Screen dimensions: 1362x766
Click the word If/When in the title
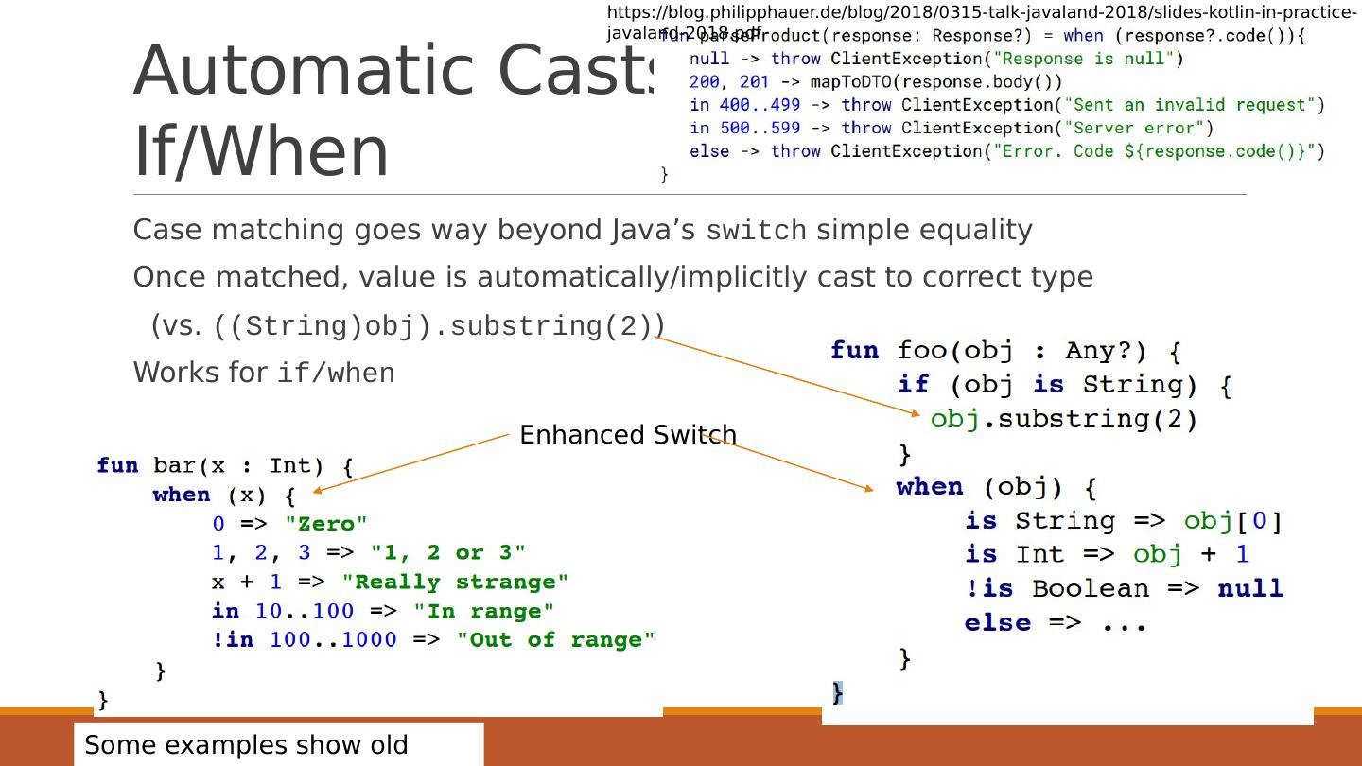point(261,152)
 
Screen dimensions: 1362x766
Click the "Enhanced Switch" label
point(627,435)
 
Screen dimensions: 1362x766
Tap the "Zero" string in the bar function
point(325,524)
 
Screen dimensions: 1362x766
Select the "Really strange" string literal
point(455,582)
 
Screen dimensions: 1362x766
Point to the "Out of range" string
point(555,640)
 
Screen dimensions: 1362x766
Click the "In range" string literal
point(483,611)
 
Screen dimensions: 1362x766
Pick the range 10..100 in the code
point(305,611)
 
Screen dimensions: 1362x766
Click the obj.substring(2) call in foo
point(1064,419)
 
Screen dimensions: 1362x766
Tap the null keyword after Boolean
point(1249,588)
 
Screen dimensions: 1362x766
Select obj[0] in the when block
point(1232,521)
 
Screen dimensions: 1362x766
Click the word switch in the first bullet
point(757,231)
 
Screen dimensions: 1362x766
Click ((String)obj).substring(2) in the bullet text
point(440,326)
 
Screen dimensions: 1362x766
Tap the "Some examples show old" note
point(246,745)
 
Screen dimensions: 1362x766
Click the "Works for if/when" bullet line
point(263,373)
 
